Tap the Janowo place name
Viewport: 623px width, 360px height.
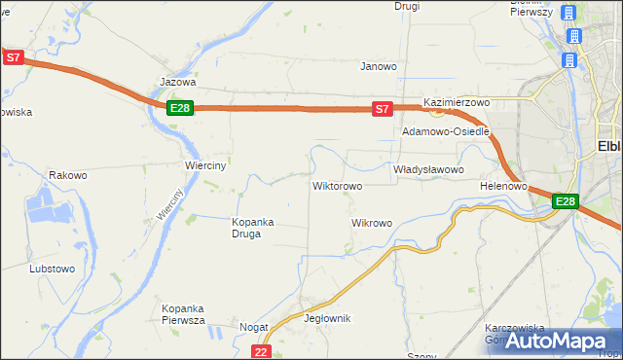point(379,67)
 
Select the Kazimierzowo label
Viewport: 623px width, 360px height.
point(456,102)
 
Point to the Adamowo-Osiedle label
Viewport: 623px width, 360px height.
point(445,131)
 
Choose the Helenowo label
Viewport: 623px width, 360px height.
point(503,185)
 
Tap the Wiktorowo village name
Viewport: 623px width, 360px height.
point(337,185)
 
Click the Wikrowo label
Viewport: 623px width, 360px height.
point(371,223)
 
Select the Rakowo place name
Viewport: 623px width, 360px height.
point(68,176)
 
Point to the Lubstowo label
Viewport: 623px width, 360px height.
point(53,268)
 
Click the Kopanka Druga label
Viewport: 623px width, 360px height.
point(252,228)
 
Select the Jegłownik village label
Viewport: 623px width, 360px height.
point(327,318)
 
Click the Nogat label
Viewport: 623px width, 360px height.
point(254,328)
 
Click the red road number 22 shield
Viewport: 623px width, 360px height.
point(260,351)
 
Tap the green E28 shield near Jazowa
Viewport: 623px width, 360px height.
point(179,108)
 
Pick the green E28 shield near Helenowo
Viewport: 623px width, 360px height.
point(566,201)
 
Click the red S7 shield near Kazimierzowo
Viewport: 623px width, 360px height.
point(383,109)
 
